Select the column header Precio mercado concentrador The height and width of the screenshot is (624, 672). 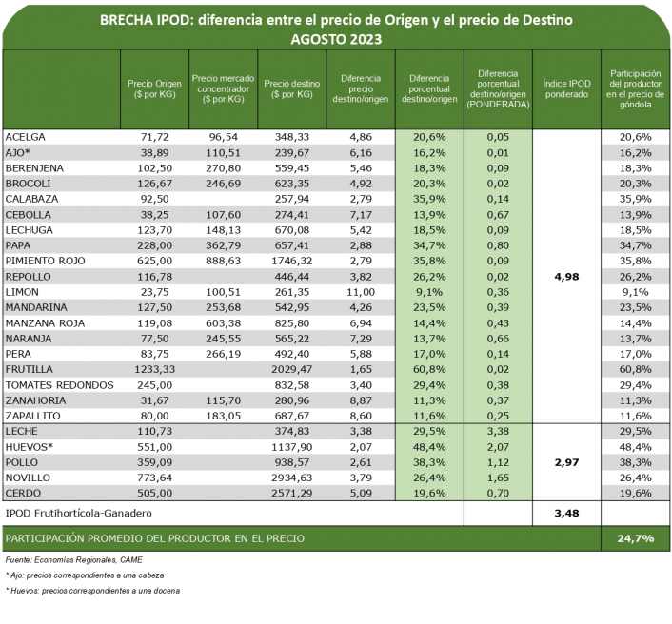click(x=224, y=88)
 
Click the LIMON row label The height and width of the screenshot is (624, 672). click(x=23, y=290)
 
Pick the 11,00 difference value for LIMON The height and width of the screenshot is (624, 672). click(x=360, y=290)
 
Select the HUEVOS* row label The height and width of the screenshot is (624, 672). click(x=30, y=446)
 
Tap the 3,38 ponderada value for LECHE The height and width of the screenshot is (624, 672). click(x=498, y=431)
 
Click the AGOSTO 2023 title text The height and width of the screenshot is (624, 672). click(x=335, y=40)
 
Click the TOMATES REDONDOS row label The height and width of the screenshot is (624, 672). click(x=59, y=385)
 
